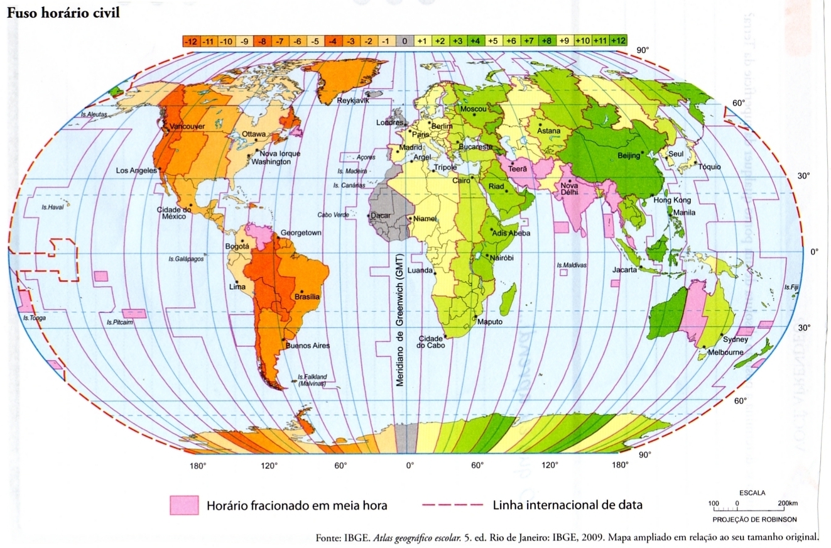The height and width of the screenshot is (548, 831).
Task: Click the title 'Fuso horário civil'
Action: click(63, 13)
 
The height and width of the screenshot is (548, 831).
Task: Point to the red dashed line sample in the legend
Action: click(451, 505)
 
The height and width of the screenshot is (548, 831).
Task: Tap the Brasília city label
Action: click(307, 297)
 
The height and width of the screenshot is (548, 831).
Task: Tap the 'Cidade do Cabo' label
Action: click(431, 342)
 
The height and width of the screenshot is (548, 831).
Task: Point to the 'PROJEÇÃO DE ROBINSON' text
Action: click(754, 520)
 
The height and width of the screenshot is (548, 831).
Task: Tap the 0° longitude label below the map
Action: click(410, 466)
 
